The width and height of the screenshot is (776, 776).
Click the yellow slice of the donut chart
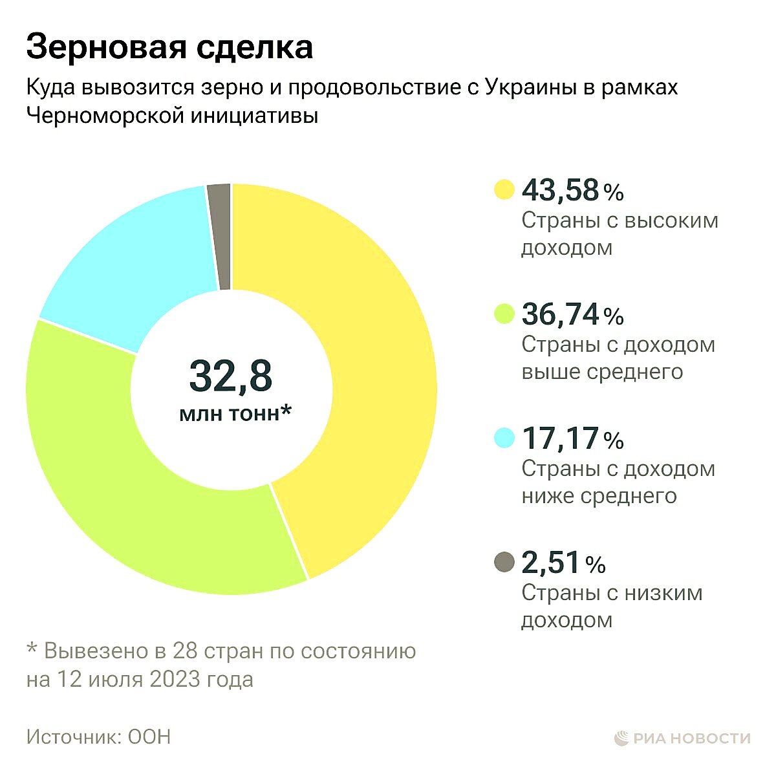tap(375, 362)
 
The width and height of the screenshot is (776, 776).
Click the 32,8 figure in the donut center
tap(231, 376)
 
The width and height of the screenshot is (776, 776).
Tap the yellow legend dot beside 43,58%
tap(504, 190)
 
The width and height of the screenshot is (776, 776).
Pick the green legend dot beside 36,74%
tap(504, 314)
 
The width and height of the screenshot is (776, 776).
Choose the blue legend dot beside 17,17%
tap(504, 438)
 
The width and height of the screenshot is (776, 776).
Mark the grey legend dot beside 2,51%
tap(504, 563)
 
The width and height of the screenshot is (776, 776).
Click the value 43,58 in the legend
tap(560, 190)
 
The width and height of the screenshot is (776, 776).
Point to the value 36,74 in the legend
tap(560, 314)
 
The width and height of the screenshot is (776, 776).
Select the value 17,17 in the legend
tap(560, 438)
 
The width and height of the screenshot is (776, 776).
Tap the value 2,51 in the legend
tap(551, 563)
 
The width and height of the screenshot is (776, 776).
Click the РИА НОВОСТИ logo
tap(682, 738)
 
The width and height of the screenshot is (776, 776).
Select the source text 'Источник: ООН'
tap(98, 737)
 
